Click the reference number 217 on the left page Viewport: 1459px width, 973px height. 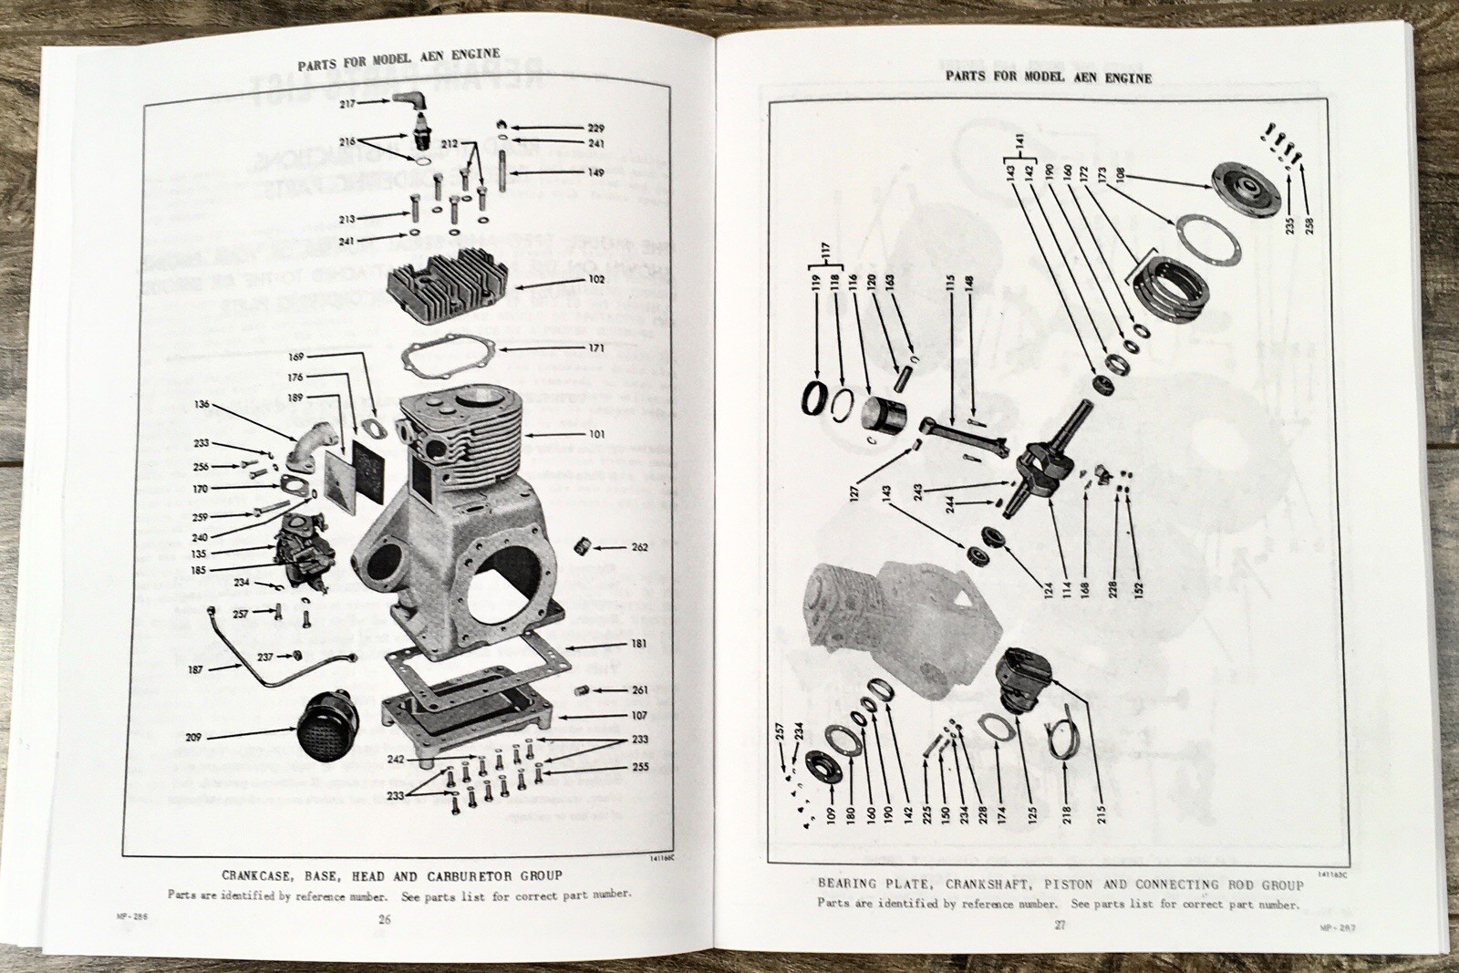pyautogui.click(x=347, y=104)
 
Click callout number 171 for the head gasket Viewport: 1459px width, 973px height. pyautogui.click(x=595, y=348)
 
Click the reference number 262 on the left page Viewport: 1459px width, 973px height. pyautogui.click(x=639, y=548)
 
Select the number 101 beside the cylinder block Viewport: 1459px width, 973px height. pyautogui.click(x=595, y=434)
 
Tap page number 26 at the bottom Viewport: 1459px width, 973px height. pyautogui.click(x=384, y=919)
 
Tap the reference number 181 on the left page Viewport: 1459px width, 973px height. pyautogui.click(x=639, y=645)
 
